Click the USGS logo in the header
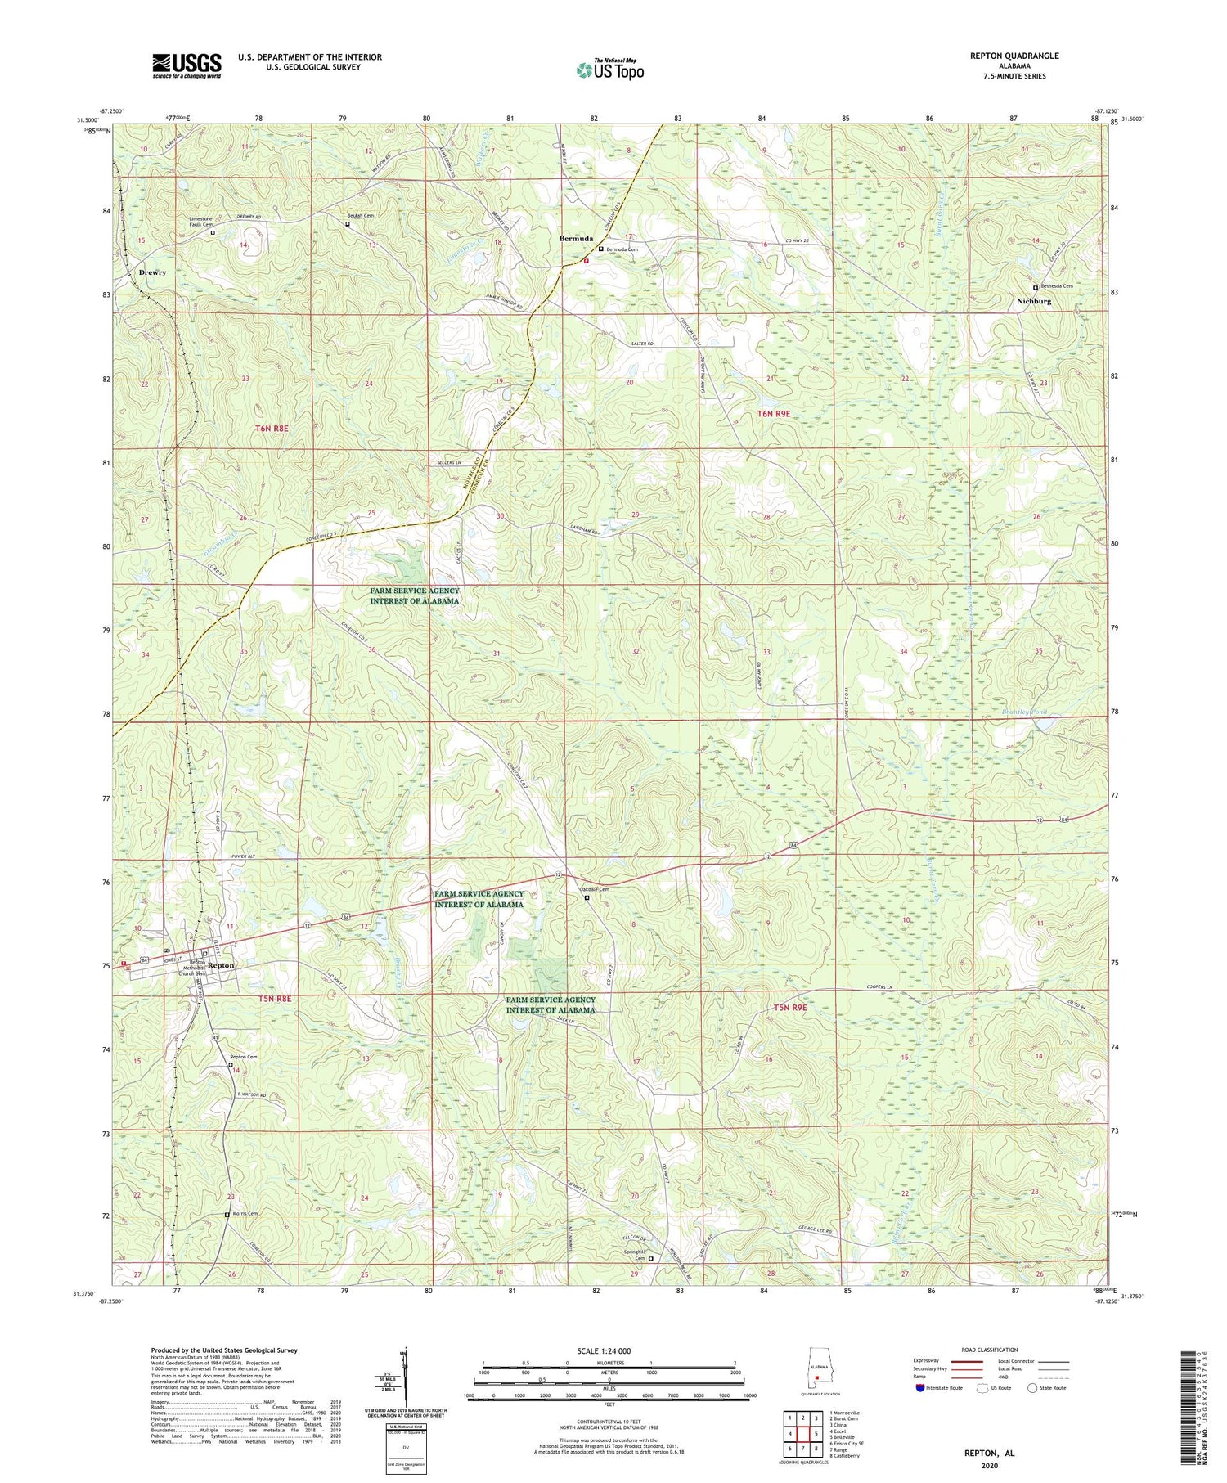[x=186, y=65]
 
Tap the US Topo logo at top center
[x=609, y=70]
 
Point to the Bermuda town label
[x=576, y=238]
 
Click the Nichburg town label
[x=1033, y=301]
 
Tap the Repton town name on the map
[x=221, y=965]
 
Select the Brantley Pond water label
[x=1024, y=712]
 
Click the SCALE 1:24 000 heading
[x=608, y=1350]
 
